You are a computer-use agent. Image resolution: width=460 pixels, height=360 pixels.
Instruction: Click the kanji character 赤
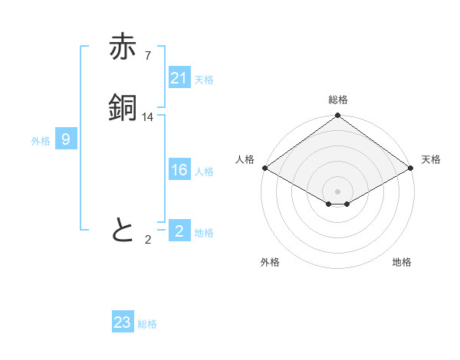[123, 47]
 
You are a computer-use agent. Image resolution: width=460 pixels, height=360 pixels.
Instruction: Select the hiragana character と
[123, 230]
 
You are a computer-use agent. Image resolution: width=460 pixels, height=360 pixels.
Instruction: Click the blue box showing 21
[179, 78]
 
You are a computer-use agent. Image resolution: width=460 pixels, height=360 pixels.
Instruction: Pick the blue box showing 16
[179, 170]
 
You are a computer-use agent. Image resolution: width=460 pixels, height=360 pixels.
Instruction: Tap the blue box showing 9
[66, 139]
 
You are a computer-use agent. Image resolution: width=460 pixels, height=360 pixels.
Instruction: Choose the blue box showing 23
[123, 322]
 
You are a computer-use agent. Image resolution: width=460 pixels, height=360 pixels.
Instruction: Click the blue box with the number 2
[179, 231]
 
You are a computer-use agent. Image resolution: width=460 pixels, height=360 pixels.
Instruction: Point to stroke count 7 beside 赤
[148, 56]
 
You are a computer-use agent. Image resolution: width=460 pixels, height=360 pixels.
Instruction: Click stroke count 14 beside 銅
[148, 117]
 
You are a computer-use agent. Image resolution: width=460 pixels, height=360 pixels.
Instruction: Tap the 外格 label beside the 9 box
[41, 141]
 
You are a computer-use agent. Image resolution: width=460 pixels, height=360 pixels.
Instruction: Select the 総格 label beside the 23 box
[147, 324]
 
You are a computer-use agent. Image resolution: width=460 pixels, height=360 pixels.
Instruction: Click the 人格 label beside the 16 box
[205, 172]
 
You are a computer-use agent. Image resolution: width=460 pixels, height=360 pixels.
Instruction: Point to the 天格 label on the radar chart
[431, 159]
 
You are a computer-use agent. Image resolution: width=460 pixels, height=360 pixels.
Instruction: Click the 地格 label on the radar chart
[402, 262]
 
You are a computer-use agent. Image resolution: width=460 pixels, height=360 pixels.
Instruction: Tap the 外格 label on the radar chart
[270, 262]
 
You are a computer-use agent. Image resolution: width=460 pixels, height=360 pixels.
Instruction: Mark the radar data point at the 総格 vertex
[337, 116]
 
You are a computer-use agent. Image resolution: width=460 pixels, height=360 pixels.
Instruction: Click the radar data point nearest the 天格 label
[411, 168]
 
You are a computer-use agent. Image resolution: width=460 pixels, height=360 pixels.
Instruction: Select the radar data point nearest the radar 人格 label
[264, 168]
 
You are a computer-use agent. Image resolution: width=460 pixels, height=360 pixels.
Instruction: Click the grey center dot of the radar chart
[337, 191]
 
